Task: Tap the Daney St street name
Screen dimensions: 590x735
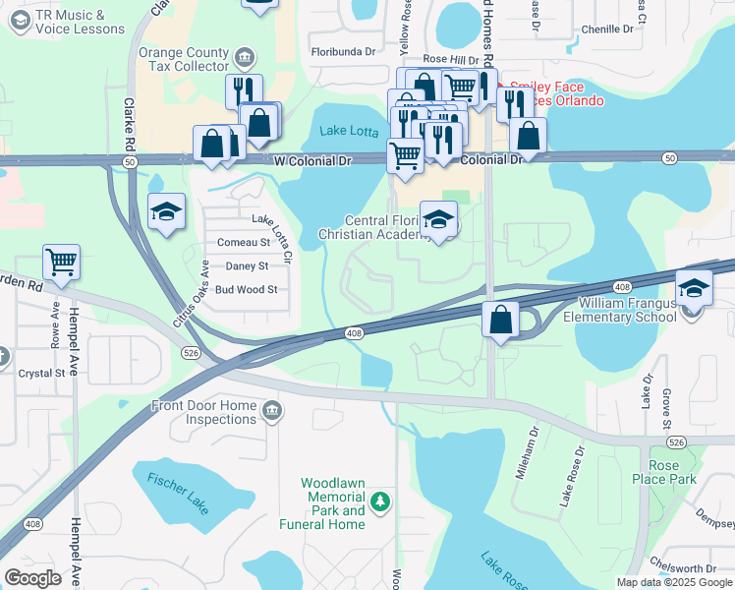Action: pyautogui.click(x=247, y=266)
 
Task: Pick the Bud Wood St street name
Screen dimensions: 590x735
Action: pyautogui.click(x=247, y=290)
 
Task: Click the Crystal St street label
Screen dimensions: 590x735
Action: pyautogui.click(x=41, y=373)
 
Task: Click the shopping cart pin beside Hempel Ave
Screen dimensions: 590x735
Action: pyautogui.click(x=61, y=263)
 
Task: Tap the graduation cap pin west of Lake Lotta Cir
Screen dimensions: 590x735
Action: pyautogui.click(x=166, y=211)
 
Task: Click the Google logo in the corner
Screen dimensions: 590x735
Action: pyautogui.click(x=31, y=578)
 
